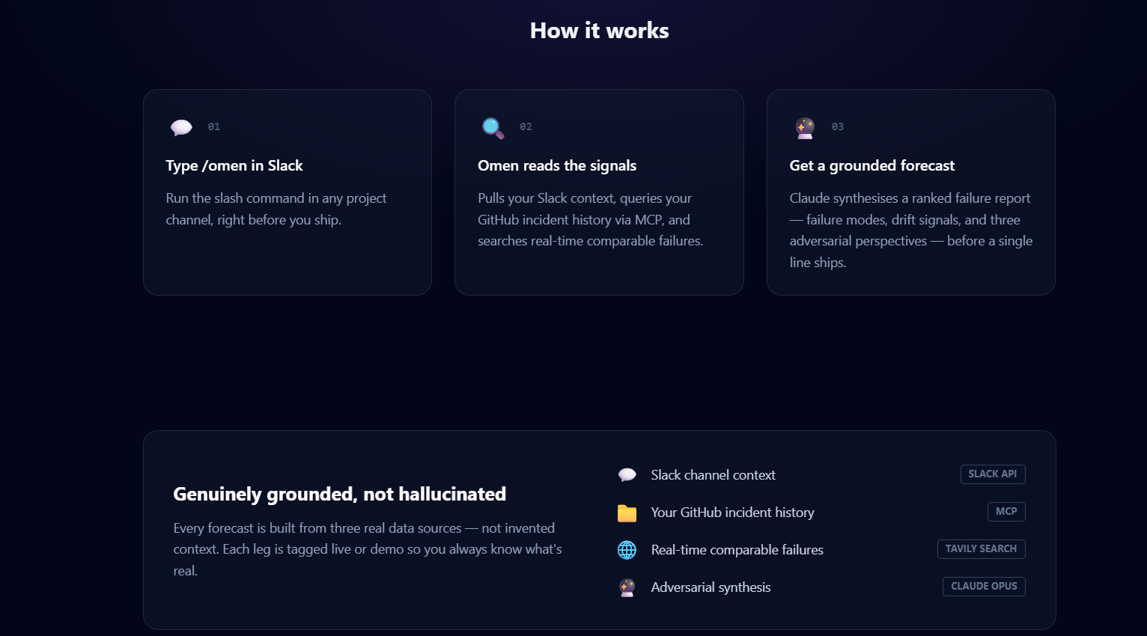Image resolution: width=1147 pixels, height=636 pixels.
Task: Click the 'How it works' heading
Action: [x=599, y=31]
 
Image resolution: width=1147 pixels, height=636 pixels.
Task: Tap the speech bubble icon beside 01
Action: [x=181, y=127]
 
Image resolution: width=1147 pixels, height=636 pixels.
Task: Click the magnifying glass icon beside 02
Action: [x=493, y=128]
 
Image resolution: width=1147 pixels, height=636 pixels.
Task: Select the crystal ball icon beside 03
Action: [x=805, y=128]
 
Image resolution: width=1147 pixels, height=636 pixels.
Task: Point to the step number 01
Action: [x=214, y=126]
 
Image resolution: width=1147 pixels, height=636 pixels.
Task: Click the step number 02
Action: [x=526, y=126]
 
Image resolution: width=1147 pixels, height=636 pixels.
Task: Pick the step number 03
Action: [x=838, y=126]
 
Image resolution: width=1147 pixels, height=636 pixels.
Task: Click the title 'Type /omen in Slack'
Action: [x=234, y=165]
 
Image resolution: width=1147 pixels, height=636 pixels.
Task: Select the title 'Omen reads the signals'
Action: [x=557, y=165]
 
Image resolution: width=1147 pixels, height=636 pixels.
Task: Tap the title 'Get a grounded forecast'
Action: [x=872, y=165]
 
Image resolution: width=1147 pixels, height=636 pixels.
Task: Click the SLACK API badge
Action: [x=993, y=474]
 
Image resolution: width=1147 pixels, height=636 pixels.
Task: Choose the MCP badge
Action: [x=1006, y=512]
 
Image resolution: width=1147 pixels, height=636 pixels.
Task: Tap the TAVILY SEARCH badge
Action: [x=981, y=549]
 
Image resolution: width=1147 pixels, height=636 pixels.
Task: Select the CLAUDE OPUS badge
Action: [x=984, y=587]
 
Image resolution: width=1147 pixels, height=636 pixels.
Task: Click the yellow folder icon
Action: [x=627, y=513]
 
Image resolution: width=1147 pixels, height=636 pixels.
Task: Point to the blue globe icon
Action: [x=627, y=550]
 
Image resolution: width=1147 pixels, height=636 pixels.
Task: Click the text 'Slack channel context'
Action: [x=714, y=475]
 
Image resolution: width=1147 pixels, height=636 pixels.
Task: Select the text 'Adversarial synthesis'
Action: [x=711, y=587]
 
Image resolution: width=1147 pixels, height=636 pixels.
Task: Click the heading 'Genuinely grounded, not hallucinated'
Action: [x=339, y=494]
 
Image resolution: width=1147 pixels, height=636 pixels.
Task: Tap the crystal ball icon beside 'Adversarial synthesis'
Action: [x=627, y=587]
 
